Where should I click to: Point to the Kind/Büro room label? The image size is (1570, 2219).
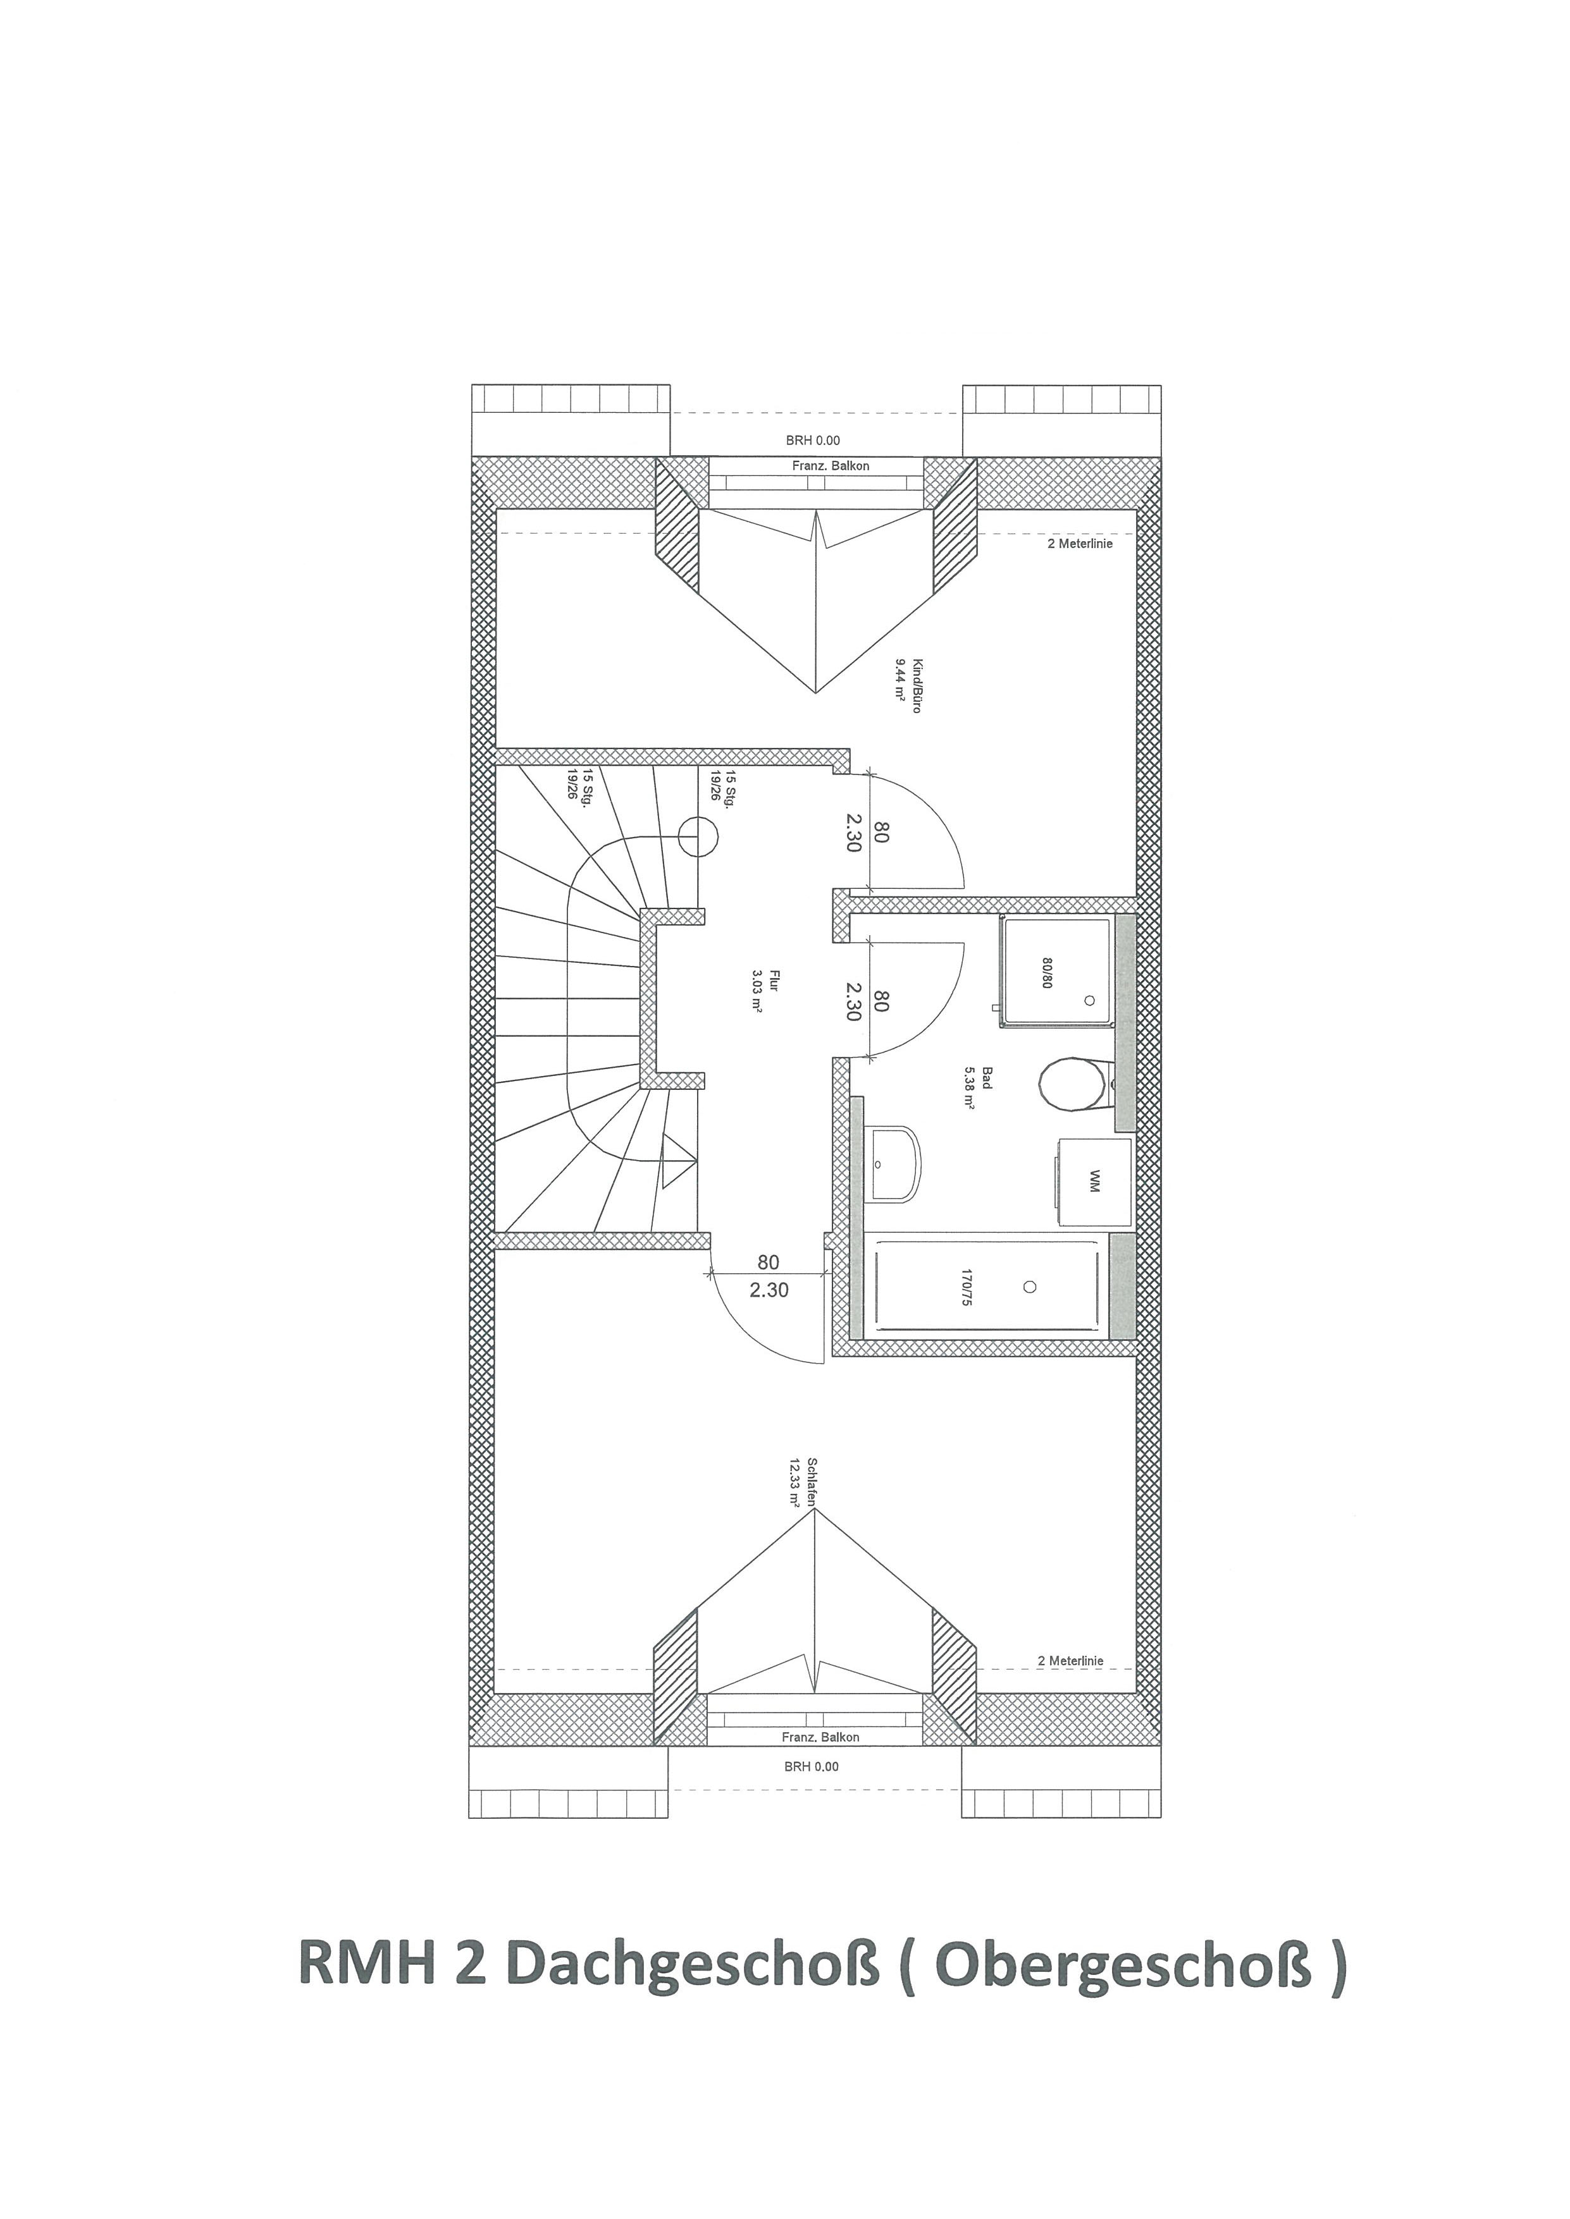pos(908,685)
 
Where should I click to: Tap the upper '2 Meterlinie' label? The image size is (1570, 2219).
pos(1080,544)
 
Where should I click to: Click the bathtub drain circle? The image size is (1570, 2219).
pos(1030,1287)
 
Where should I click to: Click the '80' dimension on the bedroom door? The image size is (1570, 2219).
pos(769,1262)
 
